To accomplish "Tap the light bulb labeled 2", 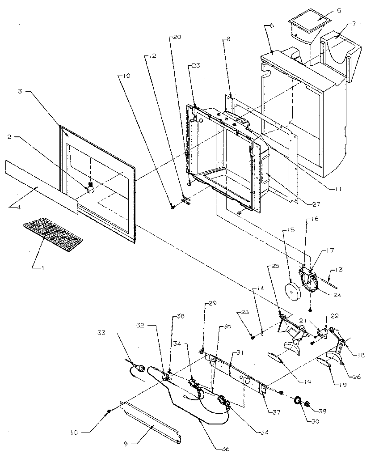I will (91, 188).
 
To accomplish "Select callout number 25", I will (274, 267).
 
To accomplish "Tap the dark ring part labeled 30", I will (296, 399).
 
